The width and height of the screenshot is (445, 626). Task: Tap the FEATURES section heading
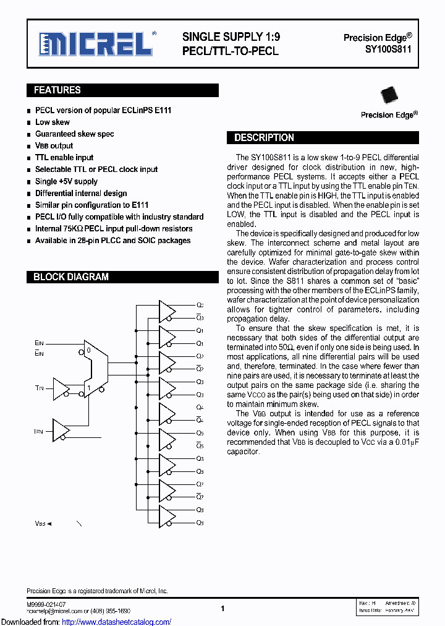[57, 90]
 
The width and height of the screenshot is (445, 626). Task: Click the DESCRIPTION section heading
[264, 138]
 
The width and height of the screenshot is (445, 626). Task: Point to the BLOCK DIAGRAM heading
[71, 277]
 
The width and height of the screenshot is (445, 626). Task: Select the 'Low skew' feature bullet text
[53, 122]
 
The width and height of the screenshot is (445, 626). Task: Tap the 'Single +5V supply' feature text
[66, 181]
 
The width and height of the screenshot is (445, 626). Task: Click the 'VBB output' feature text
[54, 146]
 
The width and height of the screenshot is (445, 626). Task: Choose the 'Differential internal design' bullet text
[81, 193]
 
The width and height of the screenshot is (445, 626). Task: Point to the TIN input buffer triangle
[61, 388]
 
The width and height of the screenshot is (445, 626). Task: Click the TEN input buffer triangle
[61, 430]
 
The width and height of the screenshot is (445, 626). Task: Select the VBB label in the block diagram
[40, 523]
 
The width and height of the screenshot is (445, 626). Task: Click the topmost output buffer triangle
[167, 311]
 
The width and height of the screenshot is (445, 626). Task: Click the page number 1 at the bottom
[222, 608]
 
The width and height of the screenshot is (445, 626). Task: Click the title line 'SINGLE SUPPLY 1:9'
[231, 37]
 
